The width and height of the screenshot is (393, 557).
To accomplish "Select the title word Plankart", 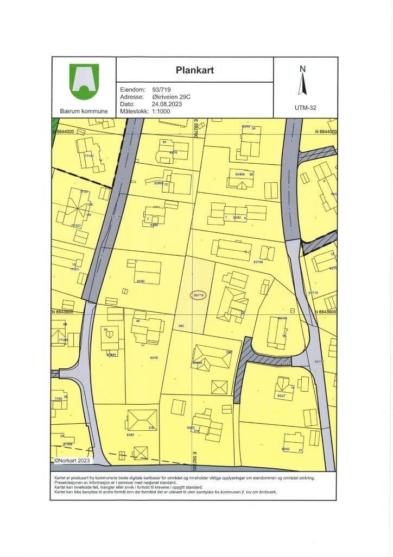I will [x=194, y=70].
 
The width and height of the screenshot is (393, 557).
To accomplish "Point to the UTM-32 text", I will [x=305, y=108].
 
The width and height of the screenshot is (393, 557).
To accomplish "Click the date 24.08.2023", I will [x=166, y=103].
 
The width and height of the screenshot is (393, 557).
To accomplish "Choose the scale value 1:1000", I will [x=162, y=110].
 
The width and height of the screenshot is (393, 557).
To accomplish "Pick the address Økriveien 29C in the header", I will [x=175, y=96].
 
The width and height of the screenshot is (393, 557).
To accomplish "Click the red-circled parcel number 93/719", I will [x=199, y=295].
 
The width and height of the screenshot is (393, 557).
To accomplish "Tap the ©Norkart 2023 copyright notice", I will [x=73, y=460].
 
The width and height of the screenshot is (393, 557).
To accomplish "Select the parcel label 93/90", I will [x=141, y=281].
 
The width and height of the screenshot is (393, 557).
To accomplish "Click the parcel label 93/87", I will [x=130, y=435].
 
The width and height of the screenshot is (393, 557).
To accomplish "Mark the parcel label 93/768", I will [x=258, y=262].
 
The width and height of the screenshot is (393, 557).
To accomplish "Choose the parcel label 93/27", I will [x=281, y=396].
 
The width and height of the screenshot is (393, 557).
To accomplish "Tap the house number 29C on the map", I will [x=181, y=326].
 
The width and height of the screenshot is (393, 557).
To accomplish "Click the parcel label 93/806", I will [x=239, y=174].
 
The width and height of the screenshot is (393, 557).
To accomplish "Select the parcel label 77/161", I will [x=89, y=157].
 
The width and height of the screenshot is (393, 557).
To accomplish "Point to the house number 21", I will [x=300, y=450].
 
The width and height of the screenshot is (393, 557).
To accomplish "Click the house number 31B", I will [x=151, y=428].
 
